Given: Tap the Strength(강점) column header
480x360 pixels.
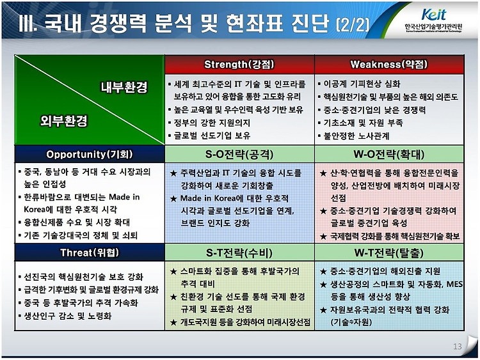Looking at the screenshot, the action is click(239, 65).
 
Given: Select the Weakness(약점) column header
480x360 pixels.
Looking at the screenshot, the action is click(389, 65).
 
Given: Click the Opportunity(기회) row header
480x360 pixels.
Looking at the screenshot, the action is click(90, 154).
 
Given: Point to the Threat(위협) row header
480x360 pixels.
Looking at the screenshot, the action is click(90, 253).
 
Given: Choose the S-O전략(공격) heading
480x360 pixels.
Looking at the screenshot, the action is click(239, 154).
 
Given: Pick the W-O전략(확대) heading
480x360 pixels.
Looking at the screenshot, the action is click(389, 154).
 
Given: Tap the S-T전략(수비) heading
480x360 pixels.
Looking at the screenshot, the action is click(239, 253).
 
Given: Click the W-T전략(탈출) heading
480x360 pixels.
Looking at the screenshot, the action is click(389, 253).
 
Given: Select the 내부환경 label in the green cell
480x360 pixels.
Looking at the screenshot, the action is click(124, 88).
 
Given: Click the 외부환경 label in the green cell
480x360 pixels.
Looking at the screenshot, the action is click(64, 121).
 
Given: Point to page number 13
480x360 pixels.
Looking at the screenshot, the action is click(458, 346).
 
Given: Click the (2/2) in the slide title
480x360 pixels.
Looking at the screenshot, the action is click(353, 24).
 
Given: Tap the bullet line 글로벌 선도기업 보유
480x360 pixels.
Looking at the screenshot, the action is click(209, 136).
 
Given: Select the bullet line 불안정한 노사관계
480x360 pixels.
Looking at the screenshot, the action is click(353, 136).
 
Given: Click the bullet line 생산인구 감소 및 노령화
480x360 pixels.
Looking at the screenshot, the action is click(65, 316).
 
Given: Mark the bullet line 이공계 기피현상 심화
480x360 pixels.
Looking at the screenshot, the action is click(359, 84).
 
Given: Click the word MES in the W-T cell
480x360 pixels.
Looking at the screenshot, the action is click(454, 284).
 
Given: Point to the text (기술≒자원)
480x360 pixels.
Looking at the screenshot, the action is click(351, 322).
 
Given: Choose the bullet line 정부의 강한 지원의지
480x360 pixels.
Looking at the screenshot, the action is click(209, 123).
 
